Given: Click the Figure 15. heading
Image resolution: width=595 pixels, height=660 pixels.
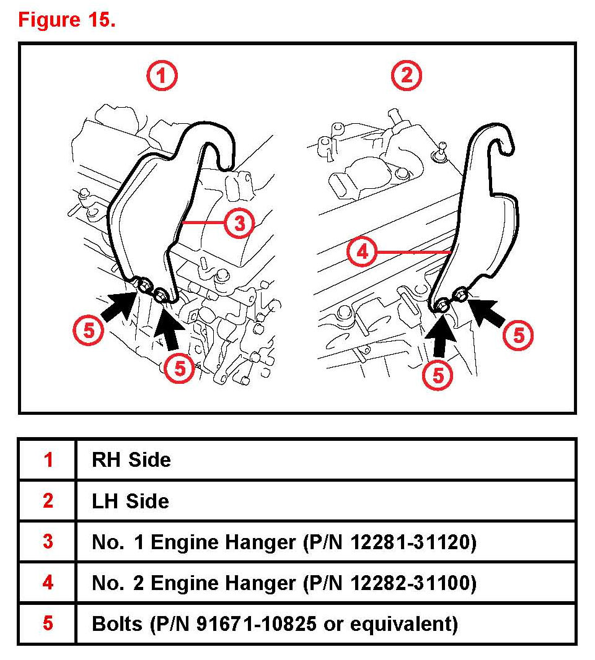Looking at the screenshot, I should tap(67, 20).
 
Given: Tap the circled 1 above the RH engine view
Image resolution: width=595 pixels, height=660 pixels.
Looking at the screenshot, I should tap(162, 76).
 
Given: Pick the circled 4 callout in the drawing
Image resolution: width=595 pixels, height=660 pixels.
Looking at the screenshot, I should tap(362, 253).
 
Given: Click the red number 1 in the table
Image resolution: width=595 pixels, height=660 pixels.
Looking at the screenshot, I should tap(48, 460).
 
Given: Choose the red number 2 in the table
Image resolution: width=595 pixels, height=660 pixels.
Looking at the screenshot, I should tap(48, 501).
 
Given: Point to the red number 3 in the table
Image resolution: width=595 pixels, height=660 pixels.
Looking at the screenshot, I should tap(48, 542).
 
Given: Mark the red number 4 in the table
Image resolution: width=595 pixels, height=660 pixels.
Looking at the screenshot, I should tap(48, 583).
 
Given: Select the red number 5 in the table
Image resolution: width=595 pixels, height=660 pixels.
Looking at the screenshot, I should tap(48, 623).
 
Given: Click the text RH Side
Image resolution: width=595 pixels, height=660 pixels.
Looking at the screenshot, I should tap(131, 460).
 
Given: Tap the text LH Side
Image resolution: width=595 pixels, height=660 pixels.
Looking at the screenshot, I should tap(130, 501).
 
